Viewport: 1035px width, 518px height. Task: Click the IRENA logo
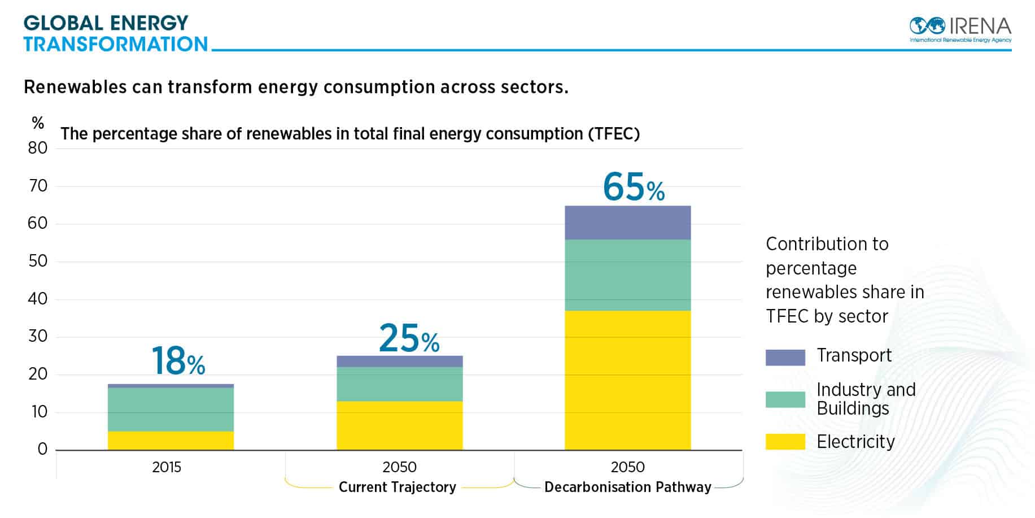[960, 29]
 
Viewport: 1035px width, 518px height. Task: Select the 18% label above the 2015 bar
[178, 361]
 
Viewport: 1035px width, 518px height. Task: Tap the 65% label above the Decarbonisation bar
[634, 188]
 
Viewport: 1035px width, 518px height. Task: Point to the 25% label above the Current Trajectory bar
[409, 339]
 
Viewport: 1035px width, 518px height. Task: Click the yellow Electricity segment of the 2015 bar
[171, 441]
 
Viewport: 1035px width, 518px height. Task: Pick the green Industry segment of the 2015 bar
[171, 410]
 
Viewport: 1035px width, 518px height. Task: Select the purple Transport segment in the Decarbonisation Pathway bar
[627, 223]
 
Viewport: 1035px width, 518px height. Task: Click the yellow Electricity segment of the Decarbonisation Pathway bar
[627, 380]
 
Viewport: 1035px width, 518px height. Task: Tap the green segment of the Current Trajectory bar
[399, 384]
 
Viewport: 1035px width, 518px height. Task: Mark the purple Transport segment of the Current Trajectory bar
[399, 362]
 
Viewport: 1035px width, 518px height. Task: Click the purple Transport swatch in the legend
[785, 357]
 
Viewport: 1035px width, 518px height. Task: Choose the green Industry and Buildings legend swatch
[785, 399]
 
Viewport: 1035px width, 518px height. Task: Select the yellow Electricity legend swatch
[785, 442]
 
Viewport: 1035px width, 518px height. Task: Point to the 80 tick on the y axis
[38, 149]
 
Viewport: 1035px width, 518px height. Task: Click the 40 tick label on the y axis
[38, 299]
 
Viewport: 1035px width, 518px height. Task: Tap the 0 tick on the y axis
[42, 450]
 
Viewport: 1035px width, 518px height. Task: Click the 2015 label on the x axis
[167, 467]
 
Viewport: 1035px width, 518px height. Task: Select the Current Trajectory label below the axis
[398, 487]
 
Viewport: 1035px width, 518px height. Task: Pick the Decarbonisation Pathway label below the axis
[627, 487]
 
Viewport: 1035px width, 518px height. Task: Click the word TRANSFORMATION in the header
[116, 44]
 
